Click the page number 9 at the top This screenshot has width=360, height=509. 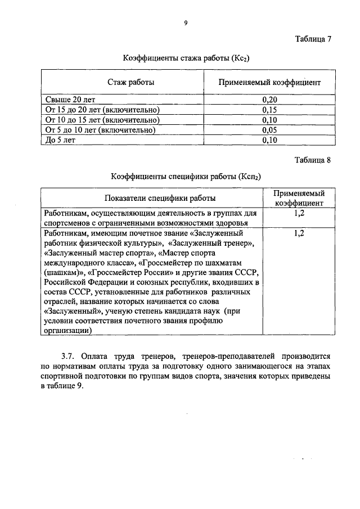[x=185, y=22]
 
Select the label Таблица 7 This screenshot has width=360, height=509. [x=313, y=39]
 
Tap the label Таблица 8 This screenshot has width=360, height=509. [x=313, y=160]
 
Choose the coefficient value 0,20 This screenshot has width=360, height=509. [x=271, y=99]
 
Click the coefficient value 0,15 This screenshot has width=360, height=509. [x=271, y=109]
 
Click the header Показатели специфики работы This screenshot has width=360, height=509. [x=151, y=198]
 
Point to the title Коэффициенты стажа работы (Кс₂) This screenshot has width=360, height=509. [x=186, y=57]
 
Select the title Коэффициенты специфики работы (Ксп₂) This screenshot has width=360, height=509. [x=186, y=177]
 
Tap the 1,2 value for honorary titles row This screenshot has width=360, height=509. [x=299, y=233]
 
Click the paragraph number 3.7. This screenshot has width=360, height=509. [x=68, y=356]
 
